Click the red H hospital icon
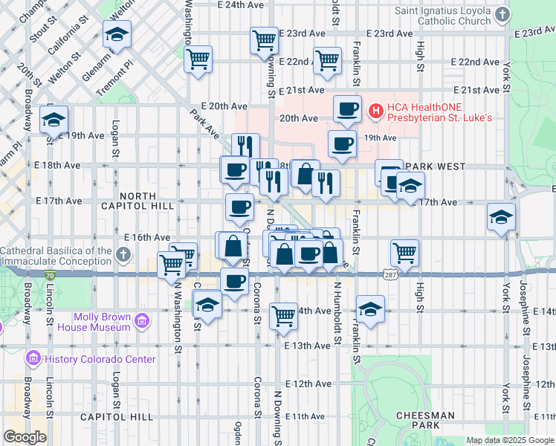pos(375,111)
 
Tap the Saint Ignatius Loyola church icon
pos(502,15)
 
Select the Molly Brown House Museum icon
pos(142,322)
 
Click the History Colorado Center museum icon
pos(33,359)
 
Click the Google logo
pos(25,437)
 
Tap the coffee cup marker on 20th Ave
pos(347,109)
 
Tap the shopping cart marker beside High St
pos(405,252)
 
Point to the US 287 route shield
pos(391,274)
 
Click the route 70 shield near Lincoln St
pos(50,274)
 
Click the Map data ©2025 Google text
pos(509,440)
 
